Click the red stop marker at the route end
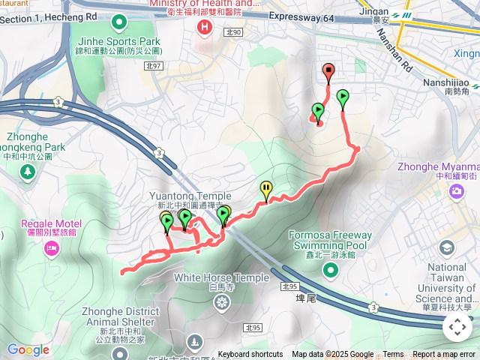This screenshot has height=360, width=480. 328,71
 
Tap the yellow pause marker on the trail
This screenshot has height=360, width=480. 265,188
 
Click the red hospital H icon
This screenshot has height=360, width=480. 202,27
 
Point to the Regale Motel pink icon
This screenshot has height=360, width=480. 51,248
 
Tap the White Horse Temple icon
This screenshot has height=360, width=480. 222,302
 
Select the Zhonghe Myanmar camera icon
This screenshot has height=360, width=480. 456,191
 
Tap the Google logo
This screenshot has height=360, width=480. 28,349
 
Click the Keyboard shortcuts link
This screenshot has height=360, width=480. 250,355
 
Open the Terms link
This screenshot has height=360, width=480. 393,355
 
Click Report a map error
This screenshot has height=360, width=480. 444,355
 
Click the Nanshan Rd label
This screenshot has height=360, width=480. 395,51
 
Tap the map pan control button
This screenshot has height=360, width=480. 457,327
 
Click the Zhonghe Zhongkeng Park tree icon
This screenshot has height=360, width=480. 28,171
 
